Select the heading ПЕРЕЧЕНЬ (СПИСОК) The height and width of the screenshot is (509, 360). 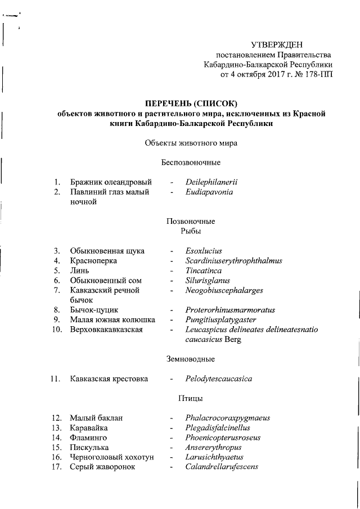click(x=191, y=103)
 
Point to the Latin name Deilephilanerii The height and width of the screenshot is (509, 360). click(x=212, y=182)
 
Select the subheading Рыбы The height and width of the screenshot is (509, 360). click(x=190, y=231)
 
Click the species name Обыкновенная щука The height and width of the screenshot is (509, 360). click(x=107, y=250)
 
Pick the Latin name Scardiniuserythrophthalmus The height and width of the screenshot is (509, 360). click(x=233, y=260)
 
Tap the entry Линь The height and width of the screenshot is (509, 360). click(x=79, y=271)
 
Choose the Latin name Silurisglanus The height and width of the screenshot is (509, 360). click(x=208, y=280)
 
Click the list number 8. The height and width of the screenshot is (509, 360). click(x=57, y=310)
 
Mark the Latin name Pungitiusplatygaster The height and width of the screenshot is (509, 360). click(x=220, y=319)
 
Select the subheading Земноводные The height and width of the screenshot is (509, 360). click(x=191, y=359)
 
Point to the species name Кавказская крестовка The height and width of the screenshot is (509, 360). click(x=109, y=379)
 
